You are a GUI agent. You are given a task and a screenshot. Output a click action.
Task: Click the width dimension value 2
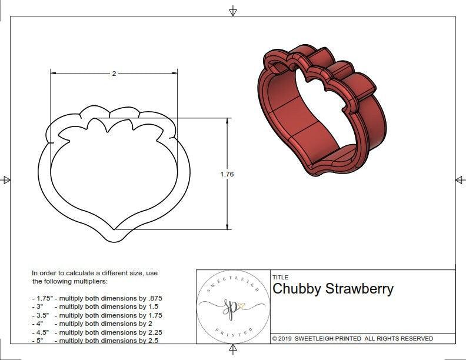pyautogui.click(x=114, y=74)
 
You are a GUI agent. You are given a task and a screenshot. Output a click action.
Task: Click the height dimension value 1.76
pyautogui.click(x=227, y=174)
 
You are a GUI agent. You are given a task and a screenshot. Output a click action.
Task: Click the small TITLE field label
pyautogui.click(x=280, y=277)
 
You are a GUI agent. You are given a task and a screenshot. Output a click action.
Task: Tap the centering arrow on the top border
pyautogui.click(x=233, y=10)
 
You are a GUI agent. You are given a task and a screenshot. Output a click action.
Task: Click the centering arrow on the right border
pyautogui.click(x=460, y=179)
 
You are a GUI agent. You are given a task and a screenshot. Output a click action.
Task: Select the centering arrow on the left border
pyautogui.click(x=6, y=179)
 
